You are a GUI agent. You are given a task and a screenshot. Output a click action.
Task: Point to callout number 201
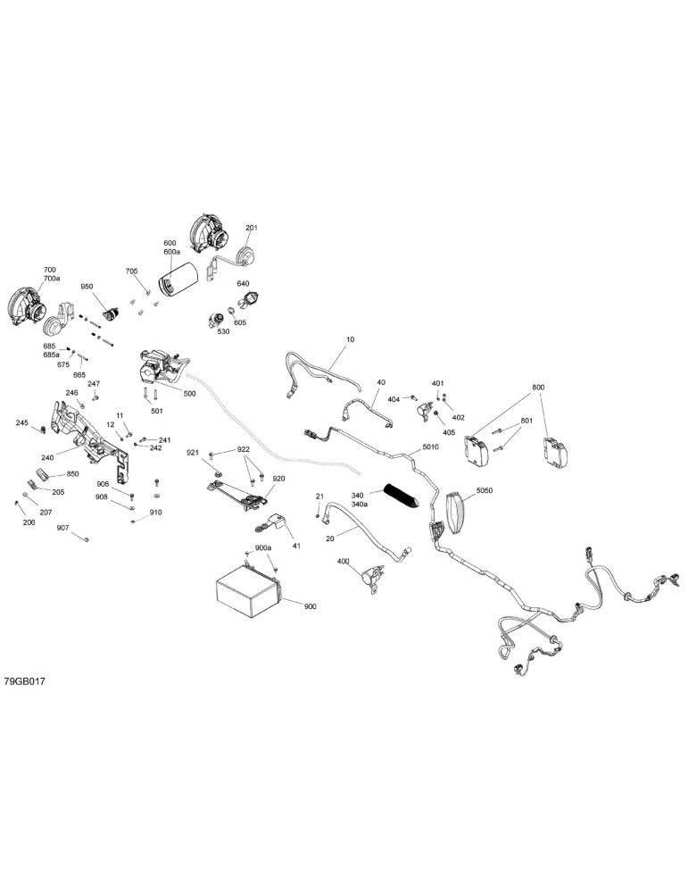pyautogui.click(x=252, y=228)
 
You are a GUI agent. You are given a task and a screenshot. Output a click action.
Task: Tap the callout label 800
pyautogui.click(x=538, y=388)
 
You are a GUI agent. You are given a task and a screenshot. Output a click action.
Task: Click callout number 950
pyautogui.click(x=87, y=287)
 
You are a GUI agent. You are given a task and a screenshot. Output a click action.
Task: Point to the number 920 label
pyautogui.click(x=278, y=479)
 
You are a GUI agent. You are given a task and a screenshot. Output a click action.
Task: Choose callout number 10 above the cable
pyautogui.click(x=350, y=339)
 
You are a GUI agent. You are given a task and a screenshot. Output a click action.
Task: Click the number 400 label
pyautogui.click(x=344, y=562)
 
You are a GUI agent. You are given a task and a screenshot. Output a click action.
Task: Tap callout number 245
pyautogui.click(x=21, y=422)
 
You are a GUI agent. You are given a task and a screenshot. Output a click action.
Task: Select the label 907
pyautogui.click(x=62, y=529)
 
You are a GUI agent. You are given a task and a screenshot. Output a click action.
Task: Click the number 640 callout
pyautogui.click(x=243, y=284)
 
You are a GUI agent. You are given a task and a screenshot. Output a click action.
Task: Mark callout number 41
pyautogui.click(x=296, y=547)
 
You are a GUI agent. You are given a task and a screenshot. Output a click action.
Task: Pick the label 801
pyautogui.click(x=527, y=421)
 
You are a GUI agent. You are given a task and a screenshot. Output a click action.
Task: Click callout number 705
pyautogui.click(x=131, y=271)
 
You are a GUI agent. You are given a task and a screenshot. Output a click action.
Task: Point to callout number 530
pyautogui.click(x=223, y=331)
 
